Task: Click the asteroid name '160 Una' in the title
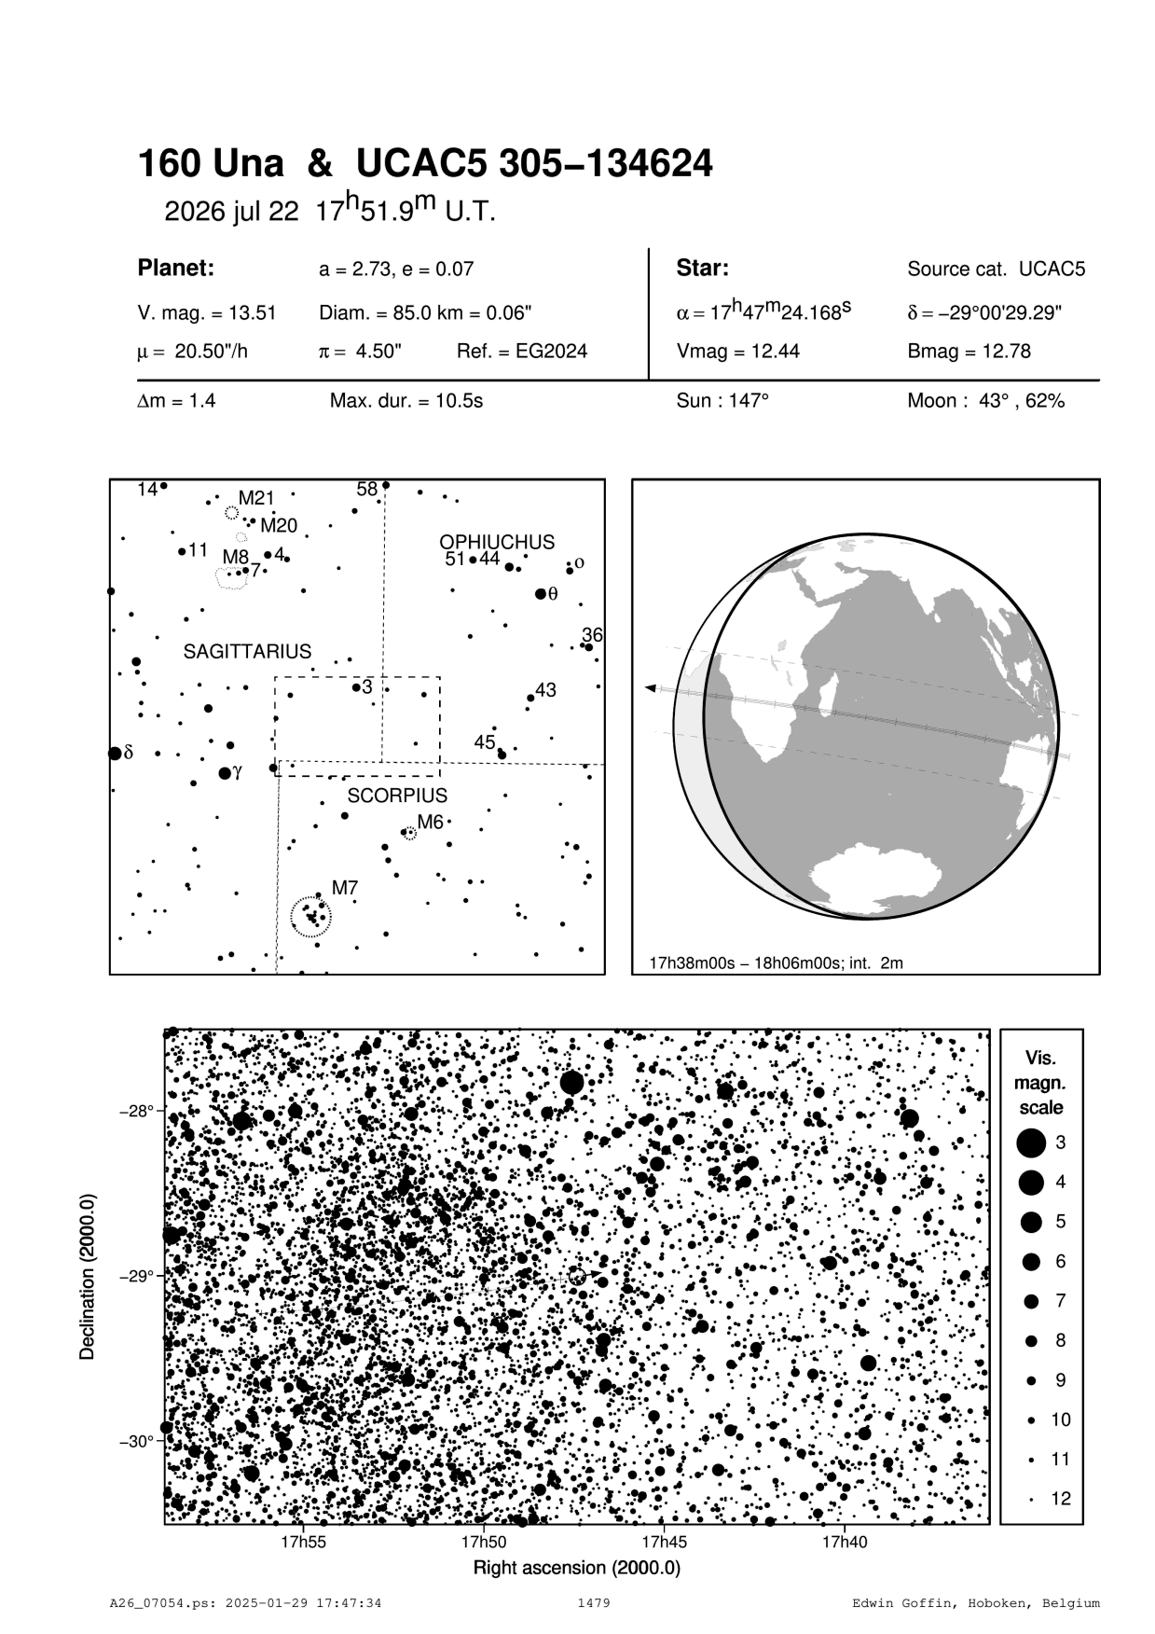211,164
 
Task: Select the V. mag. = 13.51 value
206,313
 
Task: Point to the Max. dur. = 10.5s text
406,401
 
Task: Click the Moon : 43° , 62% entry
985,401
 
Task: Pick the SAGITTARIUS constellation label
247,652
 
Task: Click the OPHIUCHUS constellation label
497,542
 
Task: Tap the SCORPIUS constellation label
397,796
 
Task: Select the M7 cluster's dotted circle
310,917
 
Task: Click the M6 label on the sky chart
430,822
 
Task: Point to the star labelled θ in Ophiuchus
541,594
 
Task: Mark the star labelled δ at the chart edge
115,753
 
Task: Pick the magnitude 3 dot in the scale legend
1031,1142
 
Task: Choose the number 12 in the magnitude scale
1061,1499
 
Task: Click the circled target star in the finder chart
577,1276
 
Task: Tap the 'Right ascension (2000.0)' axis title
577,1567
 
